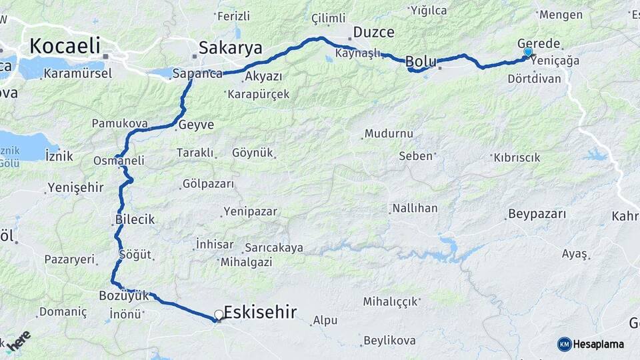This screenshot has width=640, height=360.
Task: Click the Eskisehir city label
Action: point(261,312)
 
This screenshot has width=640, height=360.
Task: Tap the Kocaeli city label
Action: point(64,45)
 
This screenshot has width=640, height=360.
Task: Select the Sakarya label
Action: point(231,47)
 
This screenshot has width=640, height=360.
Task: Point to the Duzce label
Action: point(373,32)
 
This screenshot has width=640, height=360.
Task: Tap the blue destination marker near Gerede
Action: point(528,52)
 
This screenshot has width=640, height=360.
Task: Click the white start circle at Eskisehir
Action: point(219,315)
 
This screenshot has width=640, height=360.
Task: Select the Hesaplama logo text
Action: point(599,344)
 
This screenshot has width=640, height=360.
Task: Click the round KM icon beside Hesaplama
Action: point(565,344)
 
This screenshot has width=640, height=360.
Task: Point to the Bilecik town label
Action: point(135,219)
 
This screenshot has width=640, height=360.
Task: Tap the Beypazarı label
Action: point(537,214)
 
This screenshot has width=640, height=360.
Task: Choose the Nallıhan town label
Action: point(415,208)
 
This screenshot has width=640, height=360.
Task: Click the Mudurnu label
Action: point(389,133)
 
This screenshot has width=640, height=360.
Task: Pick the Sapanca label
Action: point(197,74)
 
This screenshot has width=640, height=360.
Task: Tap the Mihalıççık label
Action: point(390,301)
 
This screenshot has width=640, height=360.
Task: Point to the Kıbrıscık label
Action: point(517,157)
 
